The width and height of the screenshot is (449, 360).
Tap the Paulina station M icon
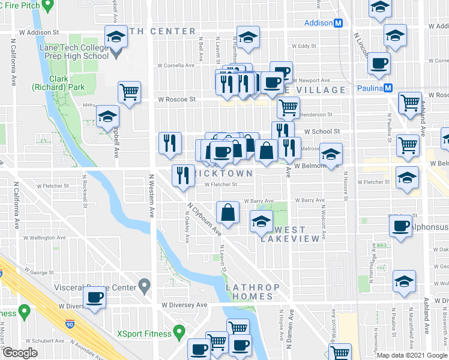(x=388, y=88)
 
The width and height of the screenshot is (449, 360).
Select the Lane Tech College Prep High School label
(x=65, y=52)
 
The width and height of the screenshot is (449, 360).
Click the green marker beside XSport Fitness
(x=178, y=332)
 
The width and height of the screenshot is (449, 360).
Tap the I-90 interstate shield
(x=71, y=326)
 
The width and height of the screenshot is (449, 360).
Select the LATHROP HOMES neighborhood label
(x=249, y=292)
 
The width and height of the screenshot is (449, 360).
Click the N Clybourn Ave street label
(x=204, y=219)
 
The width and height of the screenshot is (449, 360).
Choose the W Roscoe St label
(x=176, y=100)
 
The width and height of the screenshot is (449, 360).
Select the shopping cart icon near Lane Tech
(x=130, y=92)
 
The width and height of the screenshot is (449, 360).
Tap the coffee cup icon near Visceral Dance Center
(x=95, y=296)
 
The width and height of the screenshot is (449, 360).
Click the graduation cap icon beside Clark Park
(x=107, y=116)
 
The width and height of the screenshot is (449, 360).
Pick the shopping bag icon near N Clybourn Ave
(x=228, y=212)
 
